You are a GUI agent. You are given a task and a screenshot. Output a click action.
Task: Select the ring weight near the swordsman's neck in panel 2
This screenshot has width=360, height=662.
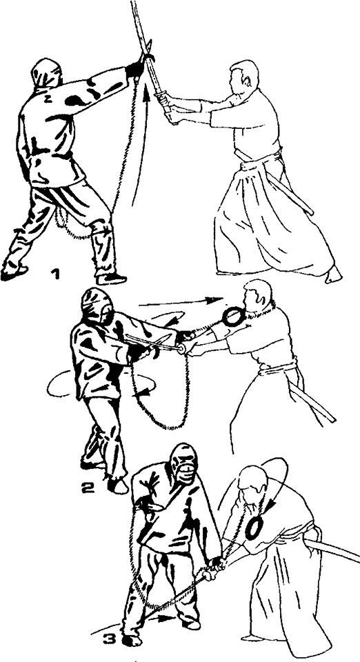click(233, 317)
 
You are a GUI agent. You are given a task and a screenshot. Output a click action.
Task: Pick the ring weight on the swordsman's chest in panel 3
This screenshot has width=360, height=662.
click(254, 528)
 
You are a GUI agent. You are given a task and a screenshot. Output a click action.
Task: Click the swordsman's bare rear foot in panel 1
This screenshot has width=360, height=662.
click(332, 274)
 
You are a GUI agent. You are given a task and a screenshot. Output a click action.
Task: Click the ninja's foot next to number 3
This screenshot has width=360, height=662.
click(131, 640)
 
